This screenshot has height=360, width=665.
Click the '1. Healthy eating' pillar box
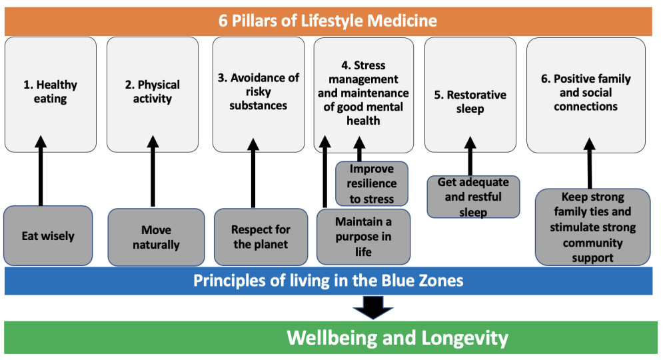[x=51, y=94]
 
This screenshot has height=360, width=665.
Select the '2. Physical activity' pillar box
[x=153, y=94]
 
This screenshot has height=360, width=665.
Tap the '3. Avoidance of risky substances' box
[x=259, y=94]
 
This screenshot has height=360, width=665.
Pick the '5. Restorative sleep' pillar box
[x=470, y=94]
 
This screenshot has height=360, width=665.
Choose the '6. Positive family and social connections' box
[x=586, y=95]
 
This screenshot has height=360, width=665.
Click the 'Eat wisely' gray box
[x=48, y=235]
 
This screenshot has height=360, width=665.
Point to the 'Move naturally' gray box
[x=156, y=237]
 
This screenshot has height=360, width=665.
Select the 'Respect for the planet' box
[x=261, y=237]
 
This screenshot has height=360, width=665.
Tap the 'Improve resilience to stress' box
[x=372, y=183]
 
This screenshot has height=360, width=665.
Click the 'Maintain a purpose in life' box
[x=363, y=237]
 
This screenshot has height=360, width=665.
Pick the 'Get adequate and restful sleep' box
[x=473, y=197]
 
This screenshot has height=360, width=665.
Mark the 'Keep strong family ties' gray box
[x=592, y=227]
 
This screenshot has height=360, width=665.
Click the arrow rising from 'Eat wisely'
[x=41, y=171]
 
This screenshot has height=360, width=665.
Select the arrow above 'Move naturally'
[x=153, y=171]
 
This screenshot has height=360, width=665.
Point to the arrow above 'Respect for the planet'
[x=253, y=173]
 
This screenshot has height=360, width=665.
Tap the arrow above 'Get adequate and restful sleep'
[x=470, y=156]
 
